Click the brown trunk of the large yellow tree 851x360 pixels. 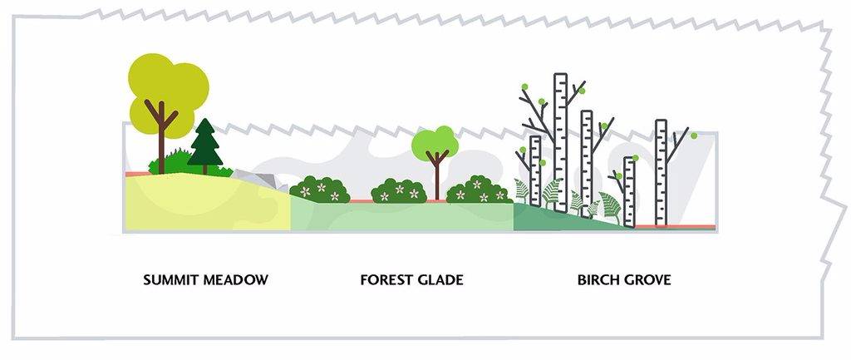point(162,141)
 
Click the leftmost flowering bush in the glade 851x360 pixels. point(320,190)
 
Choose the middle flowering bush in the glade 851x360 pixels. point(399,191)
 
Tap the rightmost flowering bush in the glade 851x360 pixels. point(479,190)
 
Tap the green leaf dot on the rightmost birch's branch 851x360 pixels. point(693,136)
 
